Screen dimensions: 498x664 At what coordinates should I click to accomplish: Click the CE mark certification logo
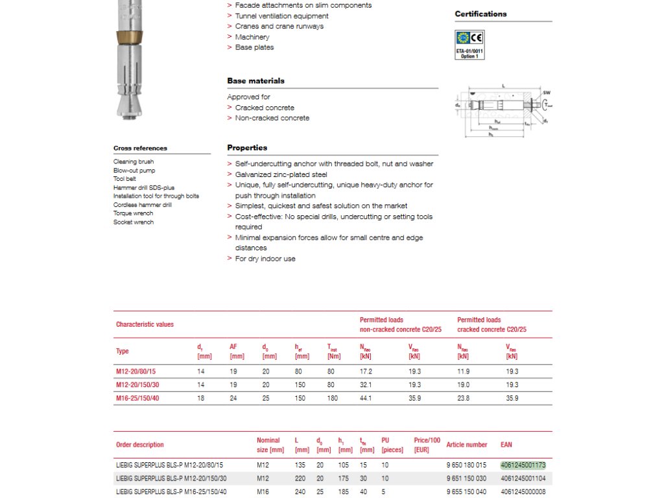(477, 37)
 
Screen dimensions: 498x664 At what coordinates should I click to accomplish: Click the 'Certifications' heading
(480, 14)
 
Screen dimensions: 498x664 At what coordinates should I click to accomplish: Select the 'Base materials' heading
(255, 81)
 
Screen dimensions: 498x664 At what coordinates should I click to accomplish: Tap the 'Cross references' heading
(140, 148)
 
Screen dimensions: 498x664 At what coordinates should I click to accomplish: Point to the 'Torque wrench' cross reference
(133, 213)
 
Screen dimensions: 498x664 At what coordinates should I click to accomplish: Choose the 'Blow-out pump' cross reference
(134, 171)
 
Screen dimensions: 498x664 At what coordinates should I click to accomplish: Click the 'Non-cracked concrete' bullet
(272, 118)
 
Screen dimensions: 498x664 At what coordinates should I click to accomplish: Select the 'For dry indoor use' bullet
(265, 259)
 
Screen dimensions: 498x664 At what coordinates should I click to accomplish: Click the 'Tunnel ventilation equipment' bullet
(281, 16)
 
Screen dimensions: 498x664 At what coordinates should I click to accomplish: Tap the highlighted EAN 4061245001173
(523, 465)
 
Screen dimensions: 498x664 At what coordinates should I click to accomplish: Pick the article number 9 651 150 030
(466, 478)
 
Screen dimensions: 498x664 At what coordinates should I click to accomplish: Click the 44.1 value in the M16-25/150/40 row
(366, 398)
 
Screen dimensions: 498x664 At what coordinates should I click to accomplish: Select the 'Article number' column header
(466, 445)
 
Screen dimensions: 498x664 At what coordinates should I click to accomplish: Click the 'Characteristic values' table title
(145, 324)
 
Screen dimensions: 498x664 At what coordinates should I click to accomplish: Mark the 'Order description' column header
(139, 445)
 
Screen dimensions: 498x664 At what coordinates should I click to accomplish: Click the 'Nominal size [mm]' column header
(270, 445)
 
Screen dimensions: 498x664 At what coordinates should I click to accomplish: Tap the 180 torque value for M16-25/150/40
(333, 398)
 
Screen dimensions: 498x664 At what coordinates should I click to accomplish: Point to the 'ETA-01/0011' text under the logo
(469, 51)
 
